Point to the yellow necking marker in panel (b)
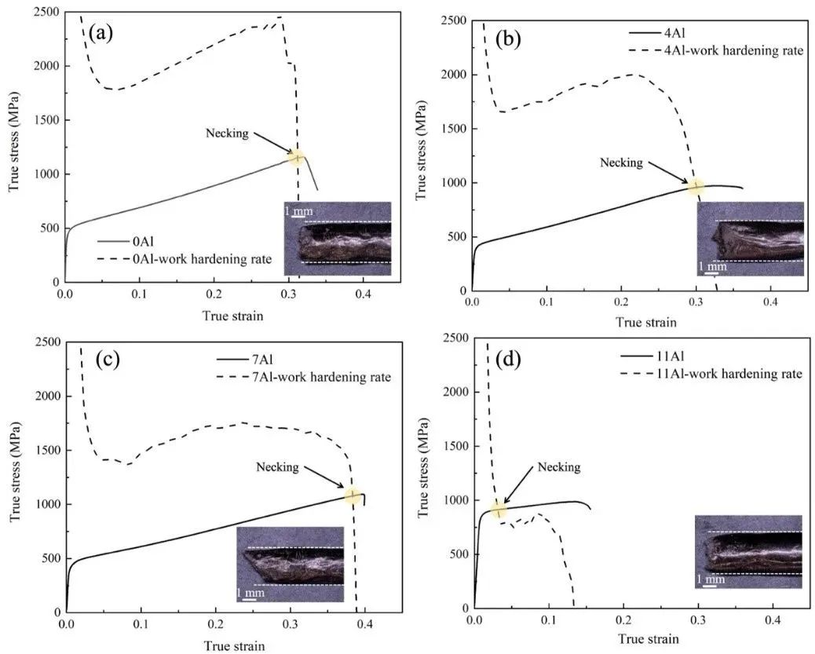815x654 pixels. point(696,187)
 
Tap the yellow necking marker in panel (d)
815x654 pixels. point(498,510)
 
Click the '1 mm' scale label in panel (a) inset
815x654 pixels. point(298,210)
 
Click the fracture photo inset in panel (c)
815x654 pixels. point(290,564)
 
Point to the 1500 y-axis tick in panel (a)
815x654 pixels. point(49,120)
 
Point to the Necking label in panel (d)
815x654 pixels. point(558,467)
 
